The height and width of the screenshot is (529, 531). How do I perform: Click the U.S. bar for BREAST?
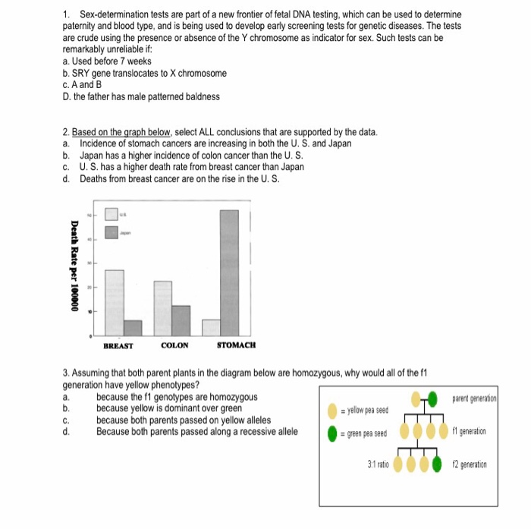[115, 302]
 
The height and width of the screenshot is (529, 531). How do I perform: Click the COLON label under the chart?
[174, 345]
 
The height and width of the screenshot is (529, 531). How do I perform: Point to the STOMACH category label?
[236, 345]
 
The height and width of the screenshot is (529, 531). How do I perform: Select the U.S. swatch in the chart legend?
[111, 216]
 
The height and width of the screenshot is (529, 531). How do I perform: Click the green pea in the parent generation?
[432, 398]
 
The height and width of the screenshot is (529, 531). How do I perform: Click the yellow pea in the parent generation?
[416, 398]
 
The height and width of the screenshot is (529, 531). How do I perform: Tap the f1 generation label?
[473, 431]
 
